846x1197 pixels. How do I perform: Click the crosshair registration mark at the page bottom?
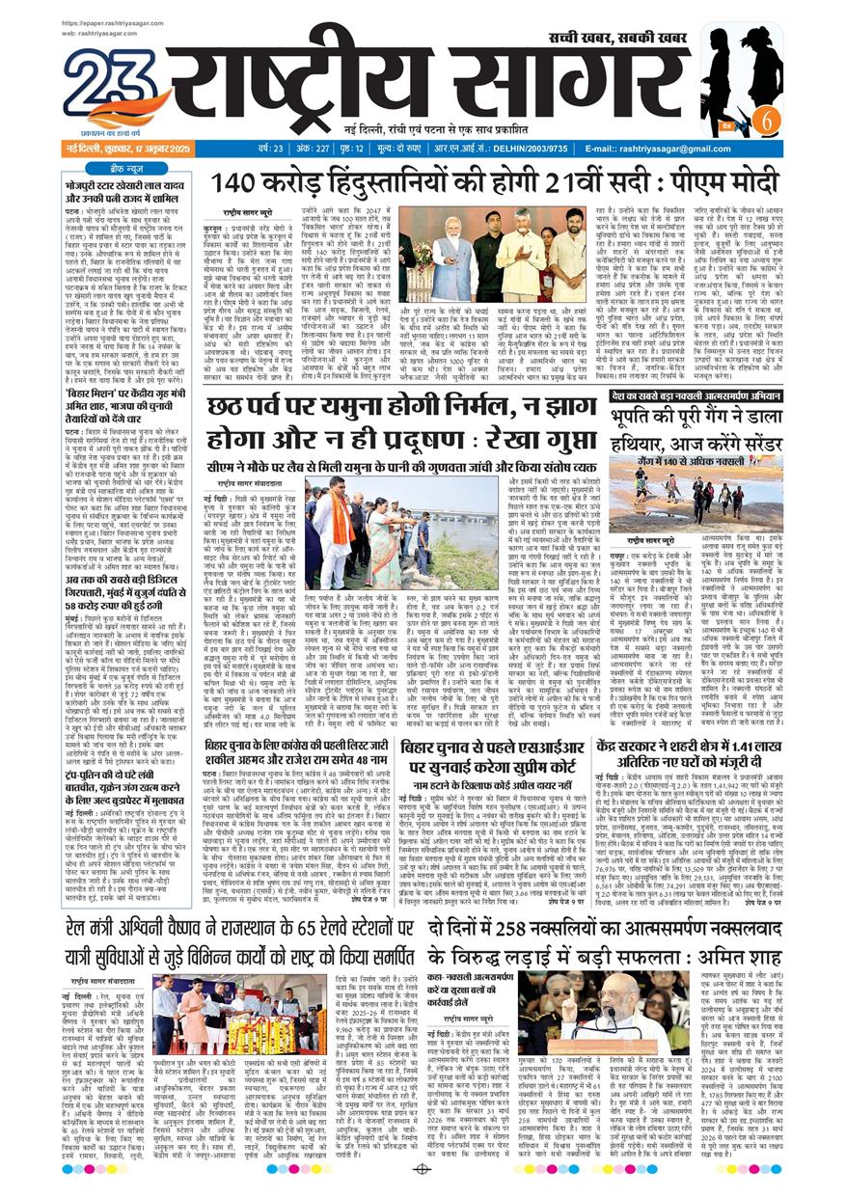point(422,1169)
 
